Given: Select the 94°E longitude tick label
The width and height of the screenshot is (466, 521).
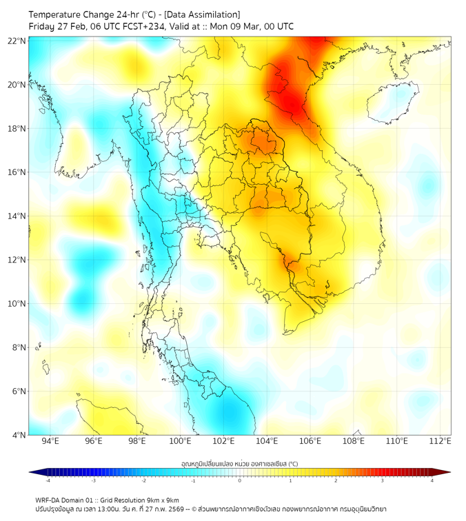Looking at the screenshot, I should tap(50, 441).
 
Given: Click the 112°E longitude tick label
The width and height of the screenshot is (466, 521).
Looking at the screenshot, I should tap(440, 441).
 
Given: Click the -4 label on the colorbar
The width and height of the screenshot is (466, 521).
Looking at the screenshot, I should tap(48, 480).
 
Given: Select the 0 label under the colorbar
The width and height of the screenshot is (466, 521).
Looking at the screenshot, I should tap(240, 480).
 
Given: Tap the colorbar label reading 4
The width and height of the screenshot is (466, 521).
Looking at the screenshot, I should tap(432, 480).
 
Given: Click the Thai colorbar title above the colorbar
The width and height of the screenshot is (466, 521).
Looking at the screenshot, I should tap(239, 463).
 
